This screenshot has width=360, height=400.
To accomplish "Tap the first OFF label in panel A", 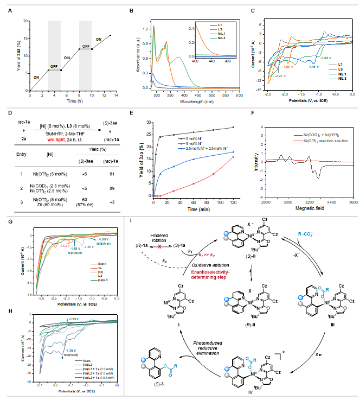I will coord(54,65).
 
